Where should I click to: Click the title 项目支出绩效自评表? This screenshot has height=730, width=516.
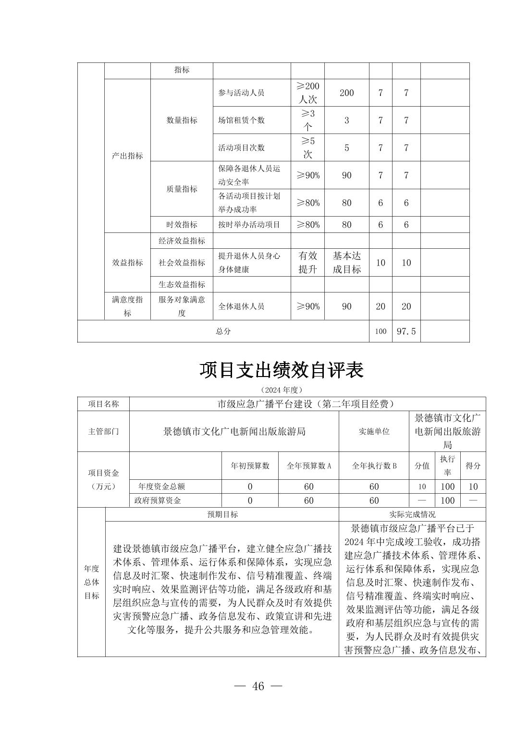(282, 370)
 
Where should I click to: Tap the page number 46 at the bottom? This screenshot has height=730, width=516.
(258, 686)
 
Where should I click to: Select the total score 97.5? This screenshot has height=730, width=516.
(406, 331)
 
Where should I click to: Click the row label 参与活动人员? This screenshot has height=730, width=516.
(241, 93)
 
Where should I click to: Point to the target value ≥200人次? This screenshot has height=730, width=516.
(307, 93)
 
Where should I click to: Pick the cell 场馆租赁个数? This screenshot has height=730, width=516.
(241, 120)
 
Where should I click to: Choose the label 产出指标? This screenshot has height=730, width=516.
(127, 156)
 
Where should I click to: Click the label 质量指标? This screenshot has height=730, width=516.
(182, 189)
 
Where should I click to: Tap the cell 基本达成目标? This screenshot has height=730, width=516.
(346, 263)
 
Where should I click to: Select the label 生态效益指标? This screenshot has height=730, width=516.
(182, 284)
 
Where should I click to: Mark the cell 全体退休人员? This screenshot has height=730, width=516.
(241, 306)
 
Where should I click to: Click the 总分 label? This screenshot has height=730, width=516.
(223, 331)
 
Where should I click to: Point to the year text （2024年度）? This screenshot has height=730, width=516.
(282, 389)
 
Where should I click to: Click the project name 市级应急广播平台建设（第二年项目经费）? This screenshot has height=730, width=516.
(307, 404)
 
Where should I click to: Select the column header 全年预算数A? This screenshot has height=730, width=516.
(308, 466)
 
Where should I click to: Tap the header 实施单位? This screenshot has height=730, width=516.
(374, 431)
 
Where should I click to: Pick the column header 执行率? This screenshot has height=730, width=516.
(447, 465)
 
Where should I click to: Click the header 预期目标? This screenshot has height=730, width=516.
(222, 514)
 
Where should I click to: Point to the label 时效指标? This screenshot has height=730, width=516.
(182, 224)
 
